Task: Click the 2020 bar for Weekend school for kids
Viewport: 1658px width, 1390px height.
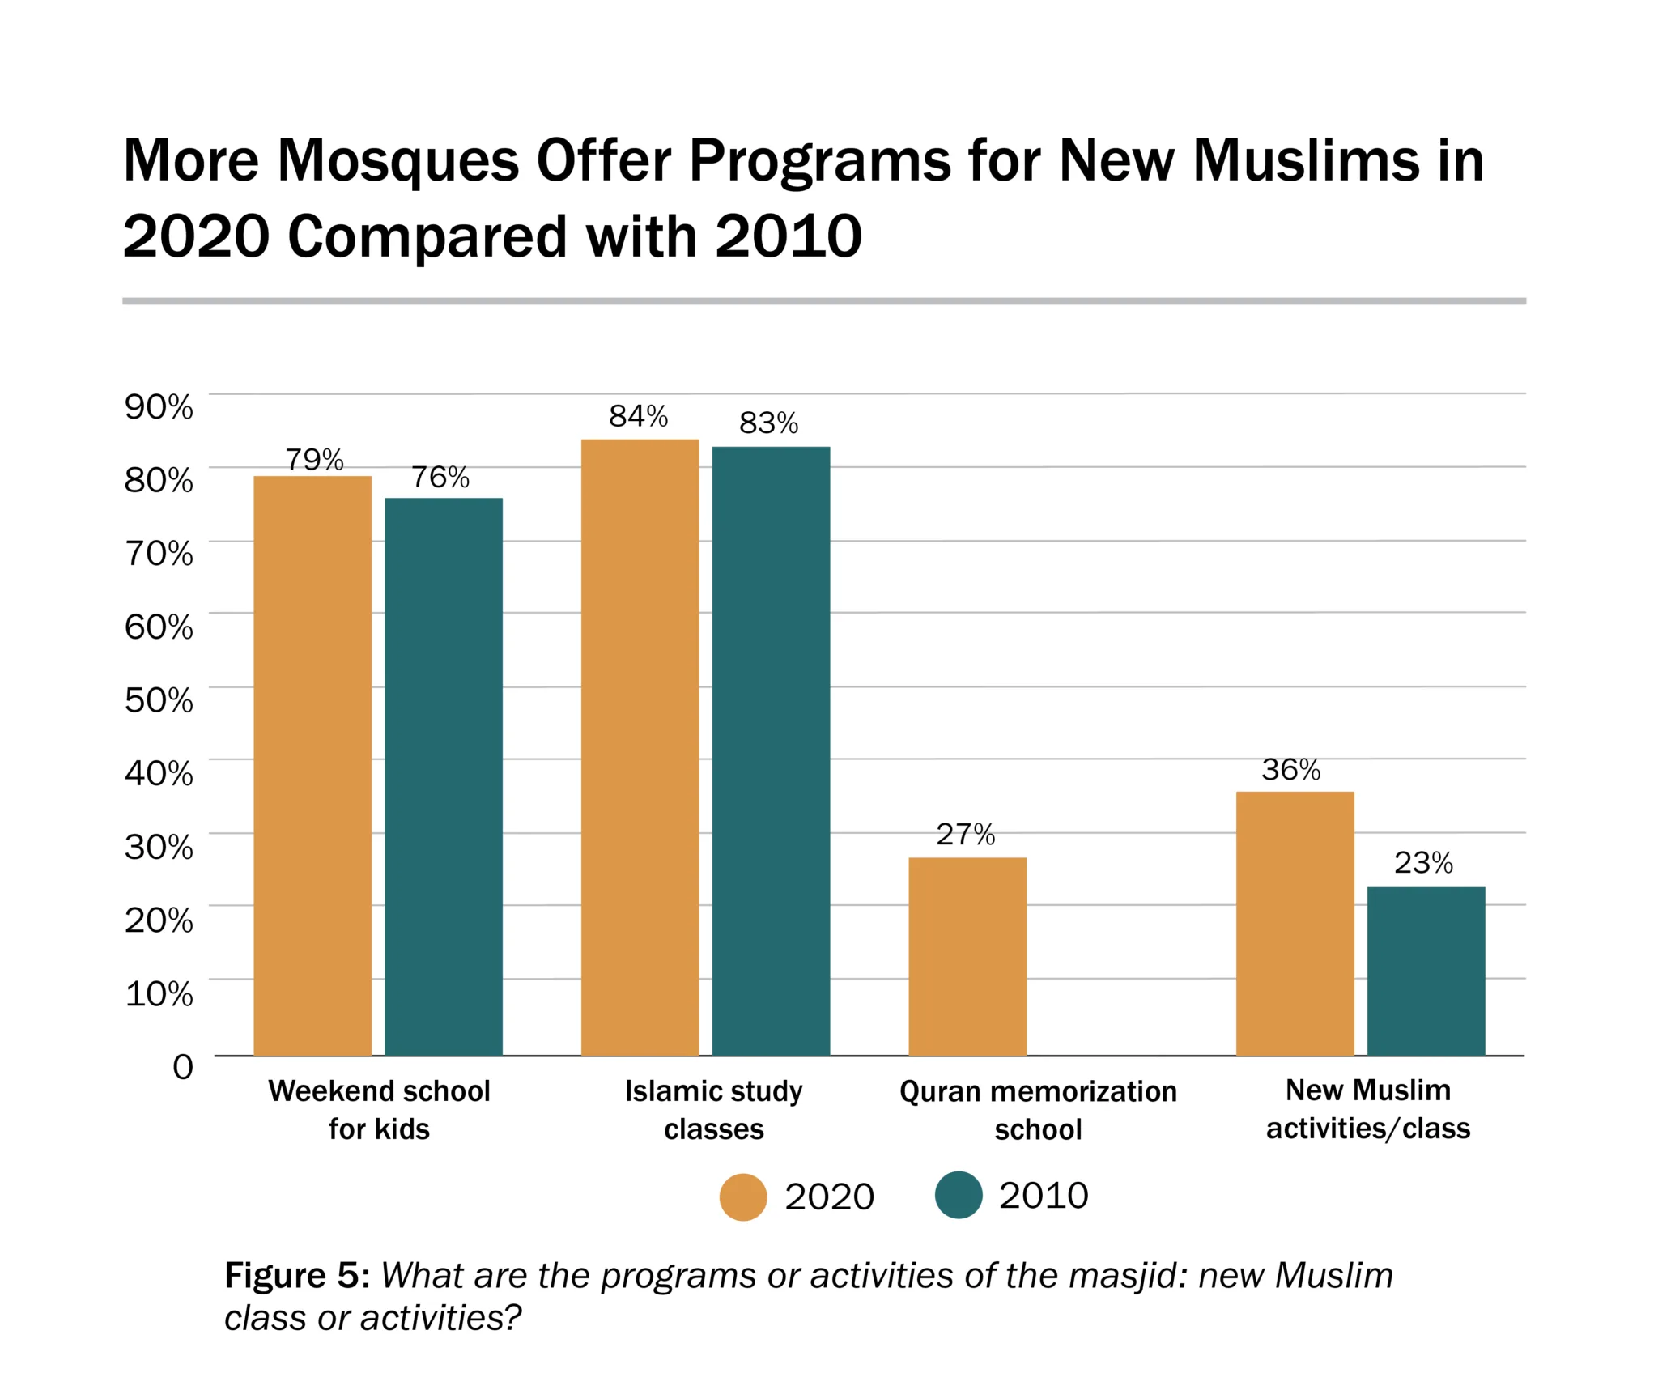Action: (x=312, y=765)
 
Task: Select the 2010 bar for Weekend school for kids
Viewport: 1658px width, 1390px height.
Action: (x=443, y=776)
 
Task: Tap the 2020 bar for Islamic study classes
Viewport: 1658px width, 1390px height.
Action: (x=640, y=746)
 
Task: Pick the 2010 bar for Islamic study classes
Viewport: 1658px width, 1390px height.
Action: (x=771, y=750)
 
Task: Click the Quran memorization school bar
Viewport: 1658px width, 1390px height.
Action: (x=967, y=956)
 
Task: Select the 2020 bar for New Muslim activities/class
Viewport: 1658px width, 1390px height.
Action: (x=1295, y=923)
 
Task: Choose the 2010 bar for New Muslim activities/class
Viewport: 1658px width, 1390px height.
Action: (x=1426, y=971)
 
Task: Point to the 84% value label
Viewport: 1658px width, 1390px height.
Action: (x=638, y=416)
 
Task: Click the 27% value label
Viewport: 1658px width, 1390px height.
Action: (x=965, y=834)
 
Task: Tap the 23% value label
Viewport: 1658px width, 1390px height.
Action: (x=1423, y=863)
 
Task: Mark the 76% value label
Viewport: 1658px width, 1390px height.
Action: (x=440, y=477)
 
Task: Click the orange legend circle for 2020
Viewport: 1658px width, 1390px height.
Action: (x=742, y=1197)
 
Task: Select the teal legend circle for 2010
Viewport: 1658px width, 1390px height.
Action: (x=959, y=1195)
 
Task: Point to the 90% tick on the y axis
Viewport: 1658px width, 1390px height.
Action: (x=159, y=406)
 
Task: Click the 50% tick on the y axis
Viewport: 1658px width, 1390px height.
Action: (x=159, y=699)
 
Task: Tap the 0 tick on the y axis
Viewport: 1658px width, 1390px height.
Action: (x=183, y=1067)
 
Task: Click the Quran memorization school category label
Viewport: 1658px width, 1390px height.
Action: (x=1038, y=1110)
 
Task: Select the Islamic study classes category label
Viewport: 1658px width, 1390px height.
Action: (x=713, y=1110)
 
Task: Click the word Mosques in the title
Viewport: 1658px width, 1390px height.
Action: (x=397, y=160)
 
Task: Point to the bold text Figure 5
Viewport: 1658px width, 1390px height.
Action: (x=296, y=1275)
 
